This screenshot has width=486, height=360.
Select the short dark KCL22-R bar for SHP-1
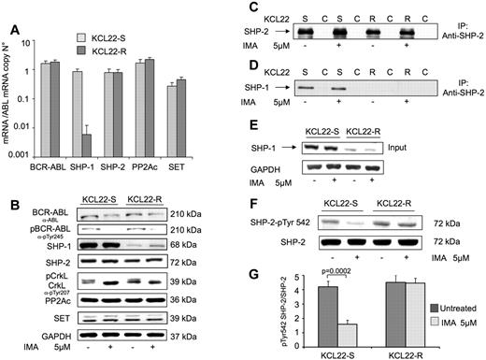(112, 145)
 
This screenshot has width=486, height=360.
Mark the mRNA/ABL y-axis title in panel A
(13, 94)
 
